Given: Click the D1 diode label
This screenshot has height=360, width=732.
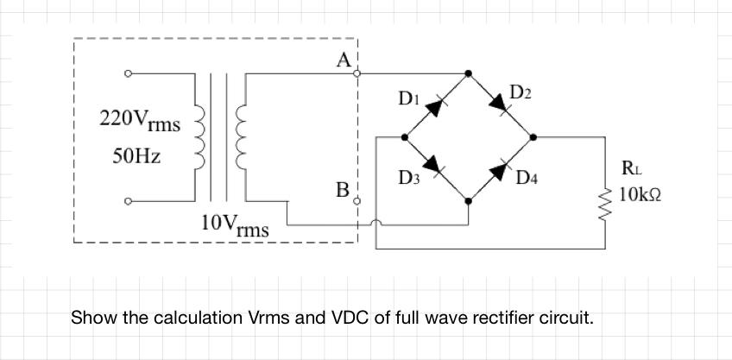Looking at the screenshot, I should click(408, 99).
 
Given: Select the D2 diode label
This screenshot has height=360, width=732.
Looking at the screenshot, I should click(522, 92).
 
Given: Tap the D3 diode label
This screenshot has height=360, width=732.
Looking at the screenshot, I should click(409, 178).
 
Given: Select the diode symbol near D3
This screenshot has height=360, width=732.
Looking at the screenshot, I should click(434, 165).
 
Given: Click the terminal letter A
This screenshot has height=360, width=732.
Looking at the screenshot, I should click(344, 60).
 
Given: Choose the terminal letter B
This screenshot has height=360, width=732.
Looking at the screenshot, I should click(343, 189).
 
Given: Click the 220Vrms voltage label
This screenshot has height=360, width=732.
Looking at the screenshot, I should click(140, 120).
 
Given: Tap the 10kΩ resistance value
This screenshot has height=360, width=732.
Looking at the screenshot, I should click(640, 195).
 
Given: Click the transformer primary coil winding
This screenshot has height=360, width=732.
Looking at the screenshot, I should click(198, 139).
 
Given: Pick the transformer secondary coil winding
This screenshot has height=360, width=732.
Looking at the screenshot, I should click(241, 139).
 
